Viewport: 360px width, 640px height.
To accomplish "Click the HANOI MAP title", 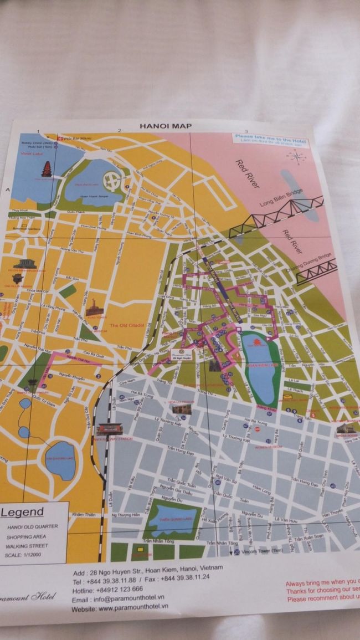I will (x=166, y=126).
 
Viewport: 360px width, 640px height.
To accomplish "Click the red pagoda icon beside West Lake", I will (x=46, y=170).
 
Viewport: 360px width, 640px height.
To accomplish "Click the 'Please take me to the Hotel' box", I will (x=271, y=139).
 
